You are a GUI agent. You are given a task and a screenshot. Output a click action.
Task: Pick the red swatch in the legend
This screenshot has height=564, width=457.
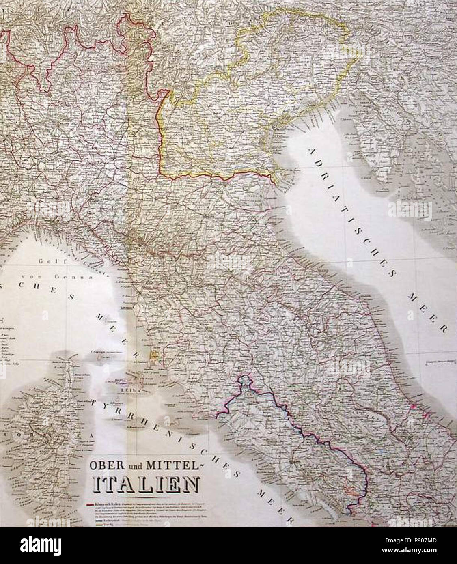(90, 505)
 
